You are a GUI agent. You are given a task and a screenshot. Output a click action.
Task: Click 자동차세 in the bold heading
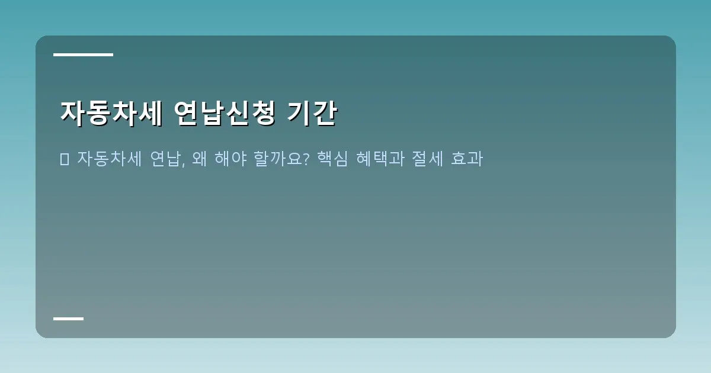coord(111,113)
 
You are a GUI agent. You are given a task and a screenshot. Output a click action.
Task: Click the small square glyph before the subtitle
coord(65,159)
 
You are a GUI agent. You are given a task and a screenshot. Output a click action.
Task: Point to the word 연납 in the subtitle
coord(166,159)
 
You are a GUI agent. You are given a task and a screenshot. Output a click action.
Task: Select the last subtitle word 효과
coord(467,159)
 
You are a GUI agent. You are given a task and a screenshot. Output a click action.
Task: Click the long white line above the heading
coord(83,54)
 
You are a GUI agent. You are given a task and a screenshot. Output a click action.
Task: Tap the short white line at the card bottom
coord(68,319)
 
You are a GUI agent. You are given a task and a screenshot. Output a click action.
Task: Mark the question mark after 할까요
coord(306,159)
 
